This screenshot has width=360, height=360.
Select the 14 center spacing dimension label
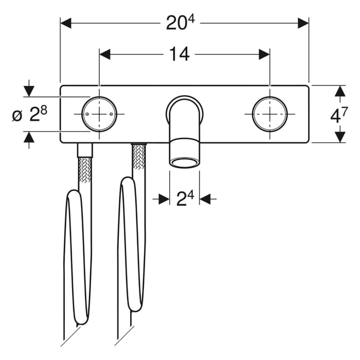click(x=178, y=54)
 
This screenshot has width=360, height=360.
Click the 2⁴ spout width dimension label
click(x=184, y=198)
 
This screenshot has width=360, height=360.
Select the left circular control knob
click(x=99, y=114)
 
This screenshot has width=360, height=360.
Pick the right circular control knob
click(x=270, y=114)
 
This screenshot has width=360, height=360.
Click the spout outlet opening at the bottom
click(x=185, y=164)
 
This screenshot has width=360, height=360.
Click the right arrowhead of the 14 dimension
click(x=264, y=55)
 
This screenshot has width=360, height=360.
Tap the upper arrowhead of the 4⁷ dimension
click(x=339, y=91)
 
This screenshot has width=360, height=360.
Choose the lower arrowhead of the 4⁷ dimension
click(x=339, y=137)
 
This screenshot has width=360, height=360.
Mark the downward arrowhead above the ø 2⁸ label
click(x=29, y=91)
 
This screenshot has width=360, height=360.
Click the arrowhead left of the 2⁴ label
click(x=164, y=199)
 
